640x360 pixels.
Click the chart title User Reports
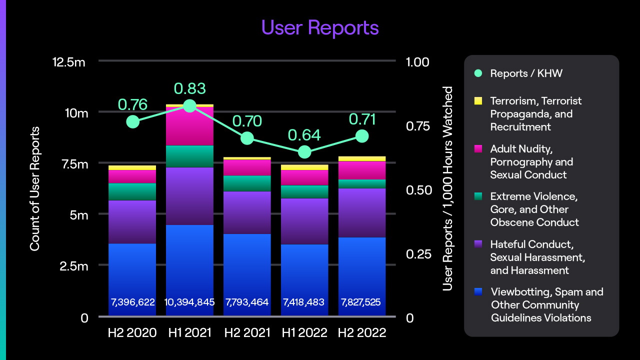pos(320,27)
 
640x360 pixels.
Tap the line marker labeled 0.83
pos(189,106)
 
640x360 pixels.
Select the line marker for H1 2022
pos(304,152)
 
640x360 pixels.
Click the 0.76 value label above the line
pos(132,104)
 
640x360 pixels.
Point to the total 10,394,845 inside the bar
pos(189,302)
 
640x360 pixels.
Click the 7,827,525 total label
pos(361,302)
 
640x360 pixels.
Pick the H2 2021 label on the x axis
pos(247,332)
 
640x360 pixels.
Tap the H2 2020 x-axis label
pos(132,332)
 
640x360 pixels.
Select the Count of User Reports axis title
pos(34,189)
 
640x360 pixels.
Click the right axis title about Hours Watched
pos(447,189)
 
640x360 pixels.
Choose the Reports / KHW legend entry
pos(526,73)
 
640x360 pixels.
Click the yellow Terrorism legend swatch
pos(478,101)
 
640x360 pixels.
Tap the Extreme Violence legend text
pos(534,209)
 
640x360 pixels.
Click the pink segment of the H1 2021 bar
pos(189,126)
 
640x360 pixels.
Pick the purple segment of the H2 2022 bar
pos(361,212)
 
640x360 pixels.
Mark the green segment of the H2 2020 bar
pos(132,191)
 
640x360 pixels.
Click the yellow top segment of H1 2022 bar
pos(304,167)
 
